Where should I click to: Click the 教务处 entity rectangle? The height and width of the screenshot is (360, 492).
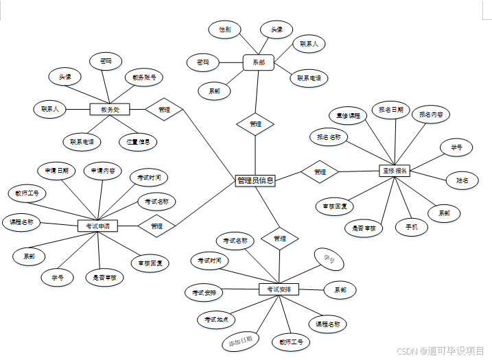(110, 109)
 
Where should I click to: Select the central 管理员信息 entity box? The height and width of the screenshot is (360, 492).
(255, 180)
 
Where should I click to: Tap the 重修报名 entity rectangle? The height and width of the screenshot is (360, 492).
(394, 170)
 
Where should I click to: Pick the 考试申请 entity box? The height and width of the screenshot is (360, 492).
(97, 226)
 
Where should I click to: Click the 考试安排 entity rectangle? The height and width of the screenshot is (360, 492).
(279, 289)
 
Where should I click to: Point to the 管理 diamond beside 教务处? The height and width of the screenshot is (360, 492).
(164, 109)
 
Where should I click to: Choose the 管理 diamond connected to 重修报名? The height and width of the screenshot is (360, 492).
(320, 171)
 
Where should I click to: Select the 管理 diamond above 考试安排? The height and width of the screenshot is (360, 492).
(279, 239)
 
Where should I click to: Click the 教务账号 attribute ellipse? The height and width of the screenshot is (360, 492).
(144, 77)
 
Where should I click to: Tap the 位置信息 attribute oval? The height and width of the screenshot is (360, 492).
(138, 142)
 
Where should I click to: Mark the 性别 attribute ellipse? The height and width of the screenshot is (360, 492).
(224, 29)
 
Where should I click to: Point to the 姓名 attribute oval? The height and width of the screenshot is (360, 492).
(462, 180)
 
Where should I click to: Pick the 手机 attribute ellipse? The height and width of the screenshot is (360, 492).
(412, 227)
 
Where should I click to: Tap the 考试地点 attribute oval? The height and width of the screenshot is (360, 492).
(215, 320)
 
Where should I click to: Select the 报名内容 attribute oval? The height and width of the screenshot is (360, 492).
(432, 115)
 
